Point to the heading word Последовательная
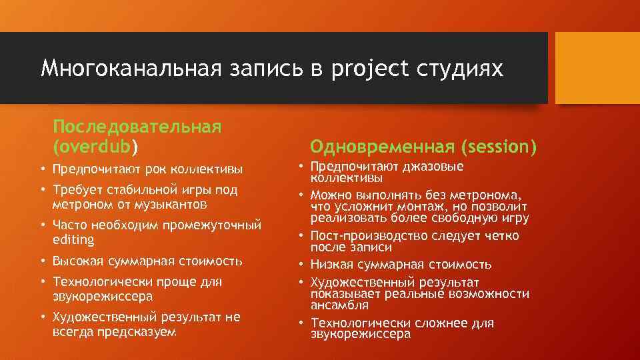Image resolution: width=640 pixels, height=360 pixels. coord(137,126)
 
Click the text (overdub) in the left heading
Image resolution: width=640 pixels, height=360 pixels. coord(96,145)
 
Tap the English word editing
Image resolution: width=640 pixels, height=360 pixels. coord(73,239)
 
